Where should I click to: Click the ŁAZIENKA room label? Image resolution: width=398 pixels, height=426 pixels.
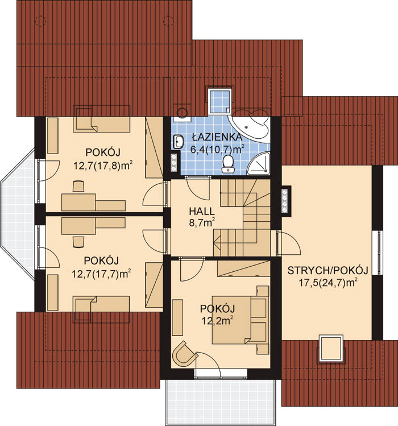pos(217,137)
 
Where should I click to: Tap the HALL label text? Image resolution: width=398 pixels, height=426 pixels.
pos(202,211)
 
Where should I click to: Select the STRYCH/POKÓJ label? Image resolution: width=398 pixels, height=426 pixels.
pos(327,271)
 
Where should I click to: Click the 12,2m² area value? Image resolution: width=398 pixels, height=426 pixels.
pos(218,321)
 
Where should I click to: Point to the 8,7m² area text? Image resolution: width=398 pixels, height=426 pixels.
pos(202,222)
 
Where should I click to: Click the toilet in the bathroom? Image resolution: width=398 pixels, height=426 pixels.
pos(228,164)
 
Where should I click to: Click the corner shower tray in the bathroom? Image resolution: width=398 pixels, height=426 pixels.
pos(259,164)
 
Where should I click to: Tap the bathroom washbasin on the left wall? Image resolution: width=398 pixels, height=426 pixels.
pos(178,142)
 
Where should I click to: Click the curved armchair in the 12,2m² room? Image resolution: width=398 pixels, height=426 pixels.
pos(185,353)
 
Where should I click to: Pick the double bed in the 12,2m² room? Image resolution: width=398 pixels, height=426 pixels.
pos(239,320)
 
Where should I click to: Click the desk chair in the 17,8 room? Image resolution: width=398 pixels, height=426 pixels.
pos(78,187)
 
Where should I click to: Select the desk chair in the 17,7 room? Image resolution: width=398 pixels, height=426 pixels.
pos(78,242)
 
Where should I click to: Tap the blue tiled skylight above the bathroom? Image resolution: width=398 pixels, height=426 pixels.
pos(220,100)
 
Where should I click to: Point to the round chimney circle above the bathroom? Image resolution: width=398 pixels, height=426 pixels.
pos(183,112)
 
